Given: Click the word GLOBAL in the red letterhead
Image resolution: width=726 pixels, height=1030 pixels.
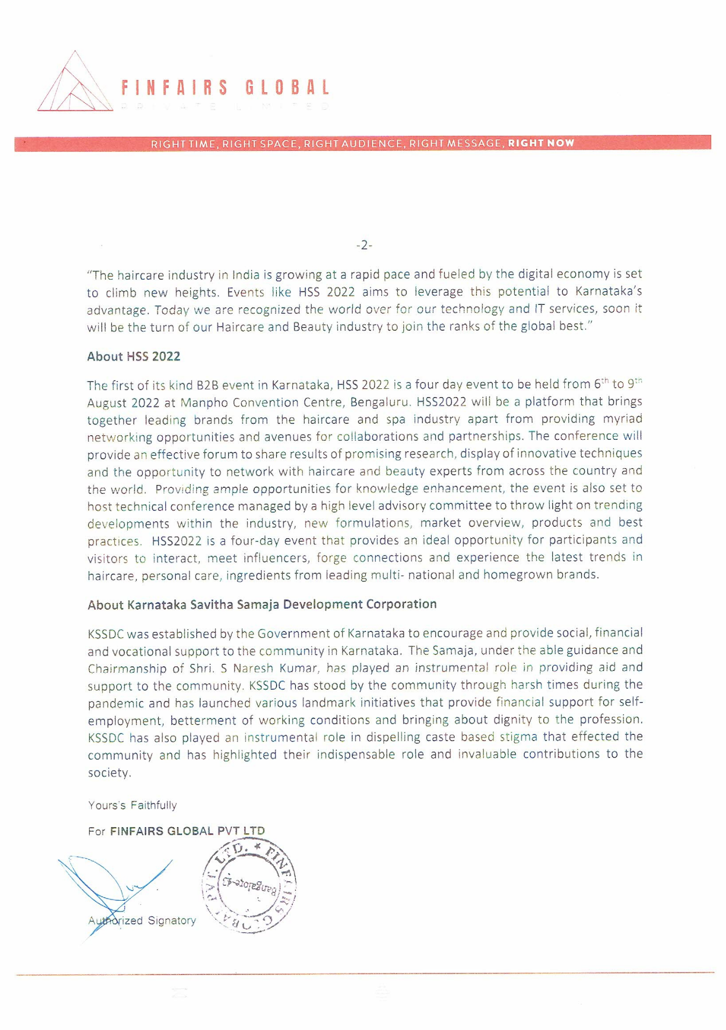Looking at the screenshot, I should click(287, 88).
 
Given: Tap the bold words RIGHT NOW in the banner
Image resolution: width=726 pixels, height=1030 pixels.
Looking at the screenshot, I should click(541, 143).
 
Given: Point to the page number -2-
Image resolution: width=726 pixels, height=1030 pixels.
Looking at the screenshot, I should click(364, 246).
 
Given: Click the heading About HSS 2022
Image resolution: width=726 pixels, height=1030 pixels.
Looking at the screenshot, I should click(133, 356).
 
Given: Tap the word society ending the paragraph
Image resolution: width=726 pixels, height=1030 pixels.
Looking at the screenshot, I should click(109, 773).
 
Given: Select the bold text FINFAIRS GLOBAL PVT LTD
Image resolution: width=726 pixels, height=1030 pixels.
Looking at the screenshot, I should click(187, 831).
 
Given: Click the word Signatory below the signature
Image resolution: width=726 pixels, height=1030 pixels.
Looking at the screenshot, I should click(172, 920).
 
